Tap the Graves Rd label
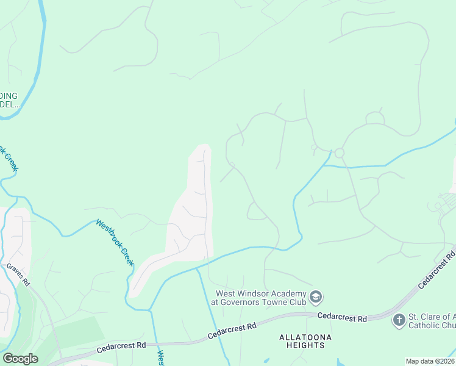18,275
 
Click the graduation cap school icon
315,298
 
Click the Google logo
20,359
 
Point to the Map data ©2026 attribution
430,361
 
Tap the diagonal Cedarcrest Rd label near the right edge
437,268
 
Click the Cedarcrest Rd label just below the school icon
342,318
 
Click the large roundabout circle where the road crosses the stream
339,153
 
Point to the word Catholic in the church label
424,325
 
